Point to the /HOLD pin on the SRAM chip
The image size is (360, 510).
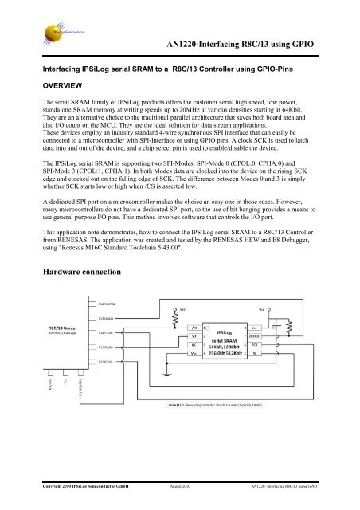pyautogui.click(x=254, y=336)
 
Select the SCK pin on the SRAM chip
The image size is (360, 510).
pyautogui.click(x=254, y=344)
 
